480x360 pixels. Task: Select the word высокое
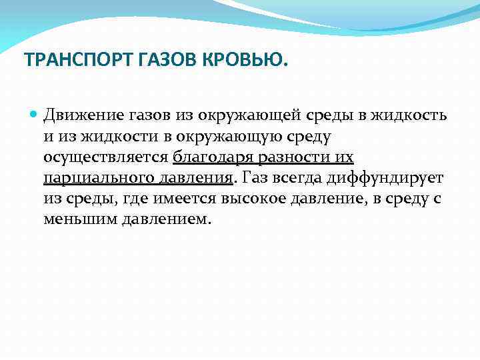(x=255, y=199)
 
